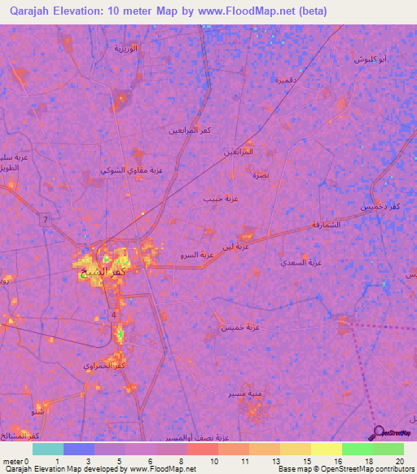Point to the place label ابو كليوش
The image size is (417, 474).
[371, 60]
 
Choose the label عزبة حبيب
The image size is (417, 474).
[217, 198]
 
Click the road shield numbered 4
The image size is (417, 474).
[115, 314]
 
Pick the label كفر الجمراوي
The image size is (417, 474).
[105, 366]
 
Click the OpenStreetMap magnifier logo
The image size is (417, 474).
[378, 433]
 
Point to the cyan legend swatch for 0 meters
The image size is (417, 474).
[47, 449]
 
